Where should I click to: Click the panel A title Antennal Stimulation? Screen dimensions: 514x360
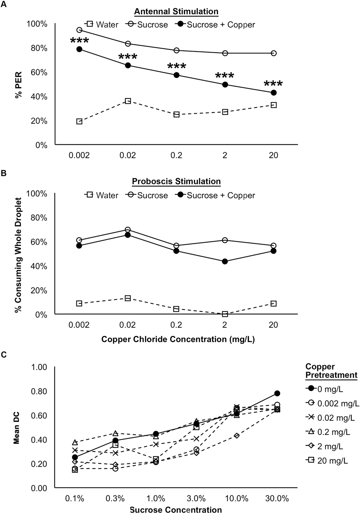click(x=176, y=11)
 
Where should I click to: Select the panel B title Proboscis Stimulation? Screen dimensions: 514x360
click(x=176, y=181)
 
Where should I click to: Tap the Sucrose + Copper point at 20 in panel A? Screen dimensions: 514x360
click(x=274, y=93)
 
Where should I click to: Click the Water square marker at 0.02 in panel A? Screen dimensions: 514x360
click(x=128, y=101)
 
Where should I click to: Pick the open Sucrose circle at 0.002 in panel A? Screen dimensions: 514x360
click(x=79, y=30)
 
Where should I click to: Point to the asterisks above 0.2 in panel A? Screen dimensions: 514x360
click(x=177, y=66)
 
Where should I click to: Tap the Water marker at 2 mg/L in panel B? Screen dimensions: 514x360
click(x=225, y=314)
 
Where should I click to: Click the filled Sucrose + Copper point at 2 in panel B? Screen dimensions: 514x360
click(x=225, y=261)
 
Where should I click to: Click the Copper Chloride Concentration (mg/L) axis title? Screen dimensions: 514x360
click(x=176, y=339)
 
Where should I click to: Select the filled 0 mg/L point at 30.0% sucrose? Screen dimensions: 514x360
click(x=277, y=393)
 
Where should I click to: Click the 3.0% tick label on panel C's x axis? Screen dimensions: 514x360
click(x=196, y=498)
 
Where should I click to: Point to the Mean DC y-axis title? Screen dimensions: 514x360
click(x=17, y=427)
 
